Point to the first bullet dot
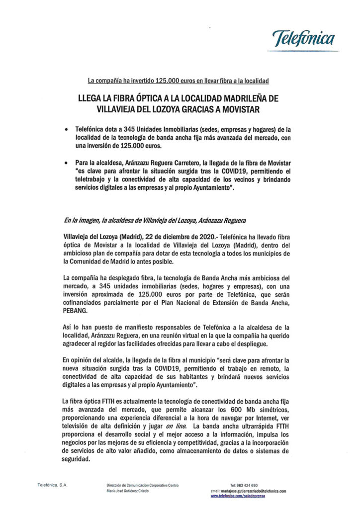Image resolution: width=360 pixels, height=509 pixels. point(66,128)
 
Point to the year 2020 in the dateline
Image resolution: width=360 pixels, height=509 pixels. point(199,237)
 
